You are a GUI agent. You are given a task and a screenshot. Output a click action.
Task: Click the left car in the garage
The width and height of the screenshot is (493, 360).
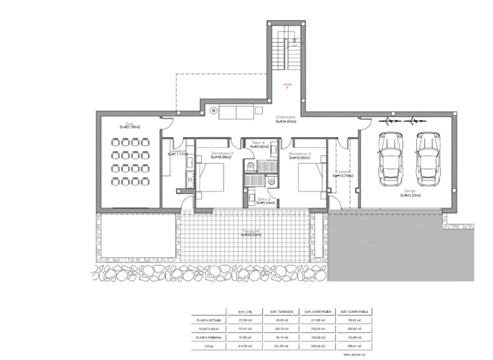pos(389,159)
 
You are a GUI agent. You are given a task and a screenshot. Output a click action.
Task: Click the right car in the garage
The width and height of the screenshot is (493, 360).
pos(426,159)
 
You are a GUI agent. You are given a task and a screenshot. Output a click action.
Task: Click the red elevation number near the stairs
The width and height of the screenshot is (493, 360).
pos(287,84)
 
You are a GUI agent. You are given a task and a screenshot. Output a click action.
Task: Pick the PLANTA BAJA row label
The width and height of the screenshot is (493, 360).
pos(208,329)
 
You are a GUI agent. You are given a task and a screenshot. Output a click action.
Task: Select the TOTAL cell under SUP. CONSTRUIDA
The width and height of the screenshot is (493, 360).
pos(318,346)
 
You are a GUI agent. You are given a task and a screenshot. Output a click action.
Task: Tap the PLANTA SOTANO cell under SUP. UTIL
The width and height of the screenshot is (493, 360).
pos(245,320)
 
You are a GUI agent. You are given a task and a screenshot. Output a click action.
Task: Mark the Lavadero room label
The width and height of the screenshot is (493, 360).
pos(176,152)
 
